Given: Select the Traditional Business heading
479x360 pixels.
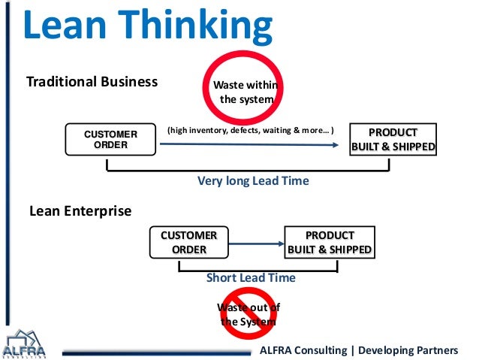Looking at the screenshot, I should point(92,81).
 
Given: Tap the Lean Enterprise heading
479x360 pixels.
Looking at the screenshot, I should point(80,211).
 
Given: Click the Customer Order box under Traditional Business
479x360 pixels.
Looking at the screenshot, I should point(110,140).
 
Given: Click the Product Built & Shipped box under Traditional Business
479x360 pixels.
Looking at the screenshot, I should point(393,140).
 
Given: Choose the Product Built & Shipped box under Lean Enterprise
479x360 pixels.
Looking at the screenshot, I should point(329,242).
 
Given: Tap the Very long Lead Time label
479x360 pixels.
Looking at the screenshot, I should point(253,181).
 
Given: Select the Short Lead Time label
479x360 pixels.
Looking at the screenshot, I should point(251,278).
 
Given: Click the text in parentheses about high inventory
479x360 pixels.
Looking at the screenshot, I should point(251,130).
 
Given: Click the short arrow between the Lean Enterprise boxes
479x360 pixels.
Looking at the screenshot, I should point(255,242).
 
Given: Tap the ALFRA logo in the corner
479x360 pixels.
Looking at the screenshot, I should point(25,344).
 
